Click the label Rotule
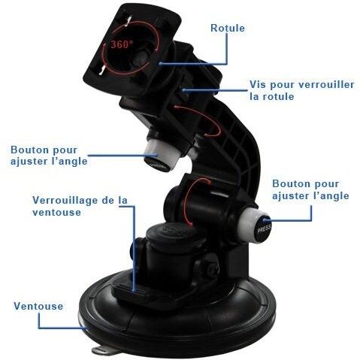228,28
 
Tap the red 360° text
122,44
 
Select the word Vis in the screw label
258,84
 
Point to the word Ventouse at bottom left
38,306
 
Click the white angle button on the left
163,156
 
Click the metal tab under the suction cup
102,349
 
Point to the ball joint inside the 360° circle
141,59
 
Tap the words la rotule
272,96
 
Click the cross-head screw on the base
213,271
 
